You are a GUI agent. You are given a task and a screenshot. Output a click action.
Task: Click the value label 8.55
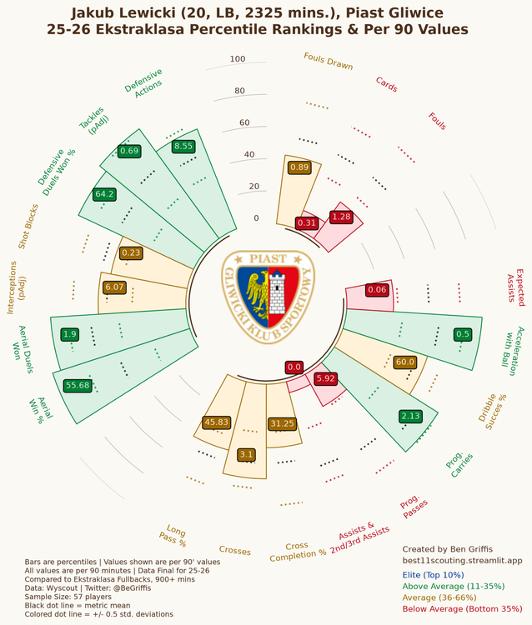tap(183, 147)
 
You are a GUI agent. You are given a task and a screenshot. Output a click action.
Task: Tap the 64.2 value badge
tap(104, 194)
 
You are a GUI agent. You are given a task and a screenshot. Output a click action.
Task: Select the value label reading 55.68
tap(78, 386)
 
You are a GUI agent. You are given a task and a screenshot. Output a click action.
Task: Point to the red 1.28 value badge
tap(341, 217)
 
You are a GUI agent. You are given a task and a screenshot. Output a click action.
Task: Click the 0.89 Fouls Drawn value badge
tap(299, 167)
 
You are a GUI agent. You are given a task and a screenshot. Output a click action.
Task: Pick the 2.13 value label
tap(411, 417)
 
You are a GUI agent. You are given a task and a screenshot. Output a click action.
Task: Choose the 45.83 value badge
tap(217, 422)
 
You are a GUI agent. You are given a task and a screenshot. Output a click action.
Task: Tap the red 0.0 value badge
tap(294, 367)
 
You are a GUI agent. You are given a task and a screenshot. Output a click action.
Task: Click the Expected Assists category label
tap(515, 287)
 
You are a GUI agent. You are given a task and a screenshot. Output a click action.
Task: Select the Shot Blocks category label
tap(28, 227)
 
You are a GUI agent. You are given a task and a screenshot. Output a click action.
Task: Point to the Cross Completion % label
tap(298, 552)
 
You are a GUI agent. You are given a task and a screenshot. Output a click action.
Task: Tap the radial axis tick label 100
tap(238, 59)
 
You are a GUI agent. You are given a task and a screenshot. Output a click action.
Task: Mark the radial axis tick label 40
tap(248, 155)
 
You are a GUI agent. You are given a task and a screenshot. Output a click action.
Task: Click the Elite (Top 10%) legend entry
tap(433, 575)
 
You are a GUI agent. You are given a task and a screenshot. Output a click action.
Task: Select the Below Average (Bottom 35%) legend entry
tap(462, 609)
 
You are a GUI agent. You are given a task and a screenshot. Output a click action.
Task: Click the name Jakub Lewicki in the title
tap(123, 13)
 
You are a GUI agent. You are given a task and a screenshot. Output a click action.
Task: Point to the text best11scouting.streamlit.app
tap(462, 561)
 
